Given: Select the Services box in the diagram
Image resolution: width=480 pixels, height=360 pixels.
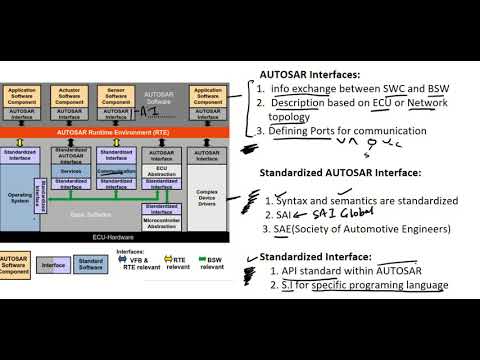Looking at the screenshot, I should pos(70,170).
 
